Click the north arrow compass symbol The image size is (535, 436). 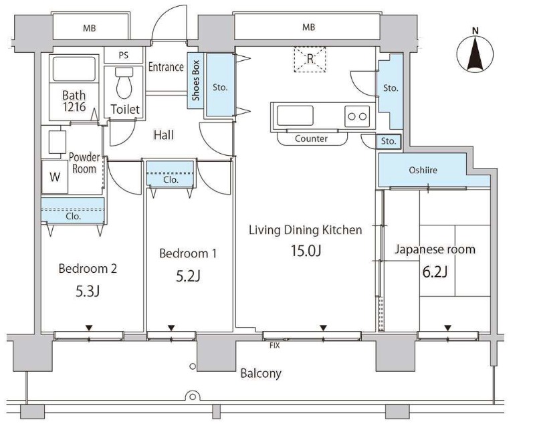tap(475, 54)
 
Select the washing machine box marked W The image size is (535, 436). tap(55, 177)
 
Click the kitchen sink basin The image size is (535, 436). tap(295, 116)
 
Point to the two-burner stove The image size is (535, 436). tap(357, 116)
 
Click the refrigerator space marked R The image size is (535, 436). tap(310, 59)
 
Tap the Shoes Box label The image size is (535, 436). tap(195, 80)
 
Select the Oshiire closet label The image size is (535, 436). tap(423, 170)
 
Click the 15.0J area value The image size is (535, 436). tap(306, 251)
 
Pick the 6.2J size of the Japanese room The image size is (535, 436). tap(435, 272)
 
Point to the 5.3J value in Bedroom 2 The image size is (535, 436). tap(88, 292)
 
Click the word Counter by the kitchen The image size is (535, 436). tap(311, 138)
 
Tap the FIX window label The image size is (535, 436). tap(275, 345)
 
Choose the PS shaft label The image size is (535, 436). tap(124, 56)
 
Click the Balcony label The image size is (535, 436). tap(261, 373)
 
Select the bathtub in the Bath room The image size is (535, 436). tap(74, 70)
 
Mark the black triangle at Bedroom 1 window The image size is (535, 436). tap(171, 328)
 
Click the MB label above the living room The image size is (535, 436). tap(309, 27)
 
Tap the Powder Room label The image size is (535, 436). tap(84, 163)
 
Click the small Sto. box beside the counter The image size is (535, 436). tap(389, 141)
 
